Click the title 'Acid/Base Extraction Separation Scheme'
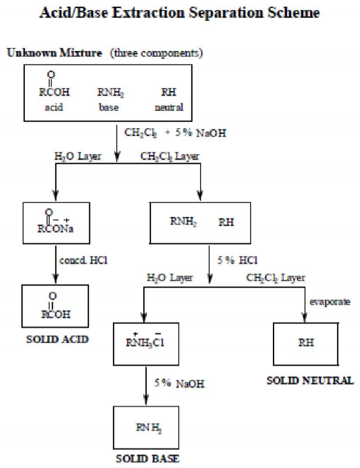tap(180, 12)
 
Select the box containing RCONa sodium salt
tap(55, 220)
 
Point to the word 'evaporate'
tap(330, 302)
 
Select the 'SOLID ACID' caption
tap(54, 340)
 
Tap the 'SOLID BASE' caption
tap(147, 458)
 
